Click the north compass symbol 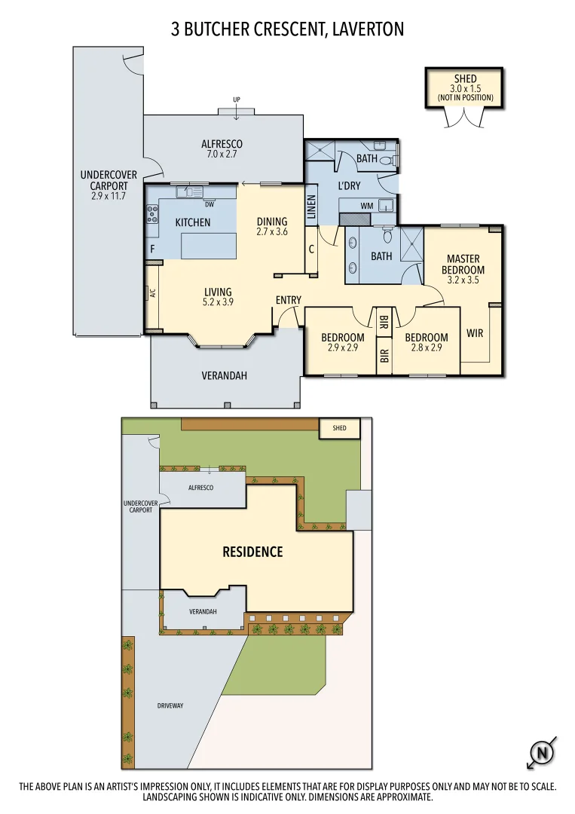[540, 752]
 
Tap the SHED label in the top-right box [465, 78]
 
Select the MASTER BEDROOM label [463, 265]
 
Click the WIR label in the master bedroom [475, 332]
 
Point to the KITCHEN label [192, 222]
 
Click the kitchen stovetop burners [152, 214]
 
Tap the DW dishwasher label [209, 203]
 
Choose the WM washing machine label [367, 205]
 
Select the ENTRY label [288, 300]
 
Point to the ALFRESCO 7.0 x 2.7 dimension [222, 154]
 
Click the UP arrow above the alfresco [237, 100]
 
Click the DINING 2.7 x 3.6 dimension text [272, 232]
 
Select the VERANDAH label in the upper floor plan [224, 375]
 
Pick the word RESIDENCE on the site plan [252, 552]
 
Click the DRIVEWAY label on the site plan [170, 705]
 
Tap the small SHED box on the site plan [340, 428]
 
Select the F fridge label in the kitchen [152, 249]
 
